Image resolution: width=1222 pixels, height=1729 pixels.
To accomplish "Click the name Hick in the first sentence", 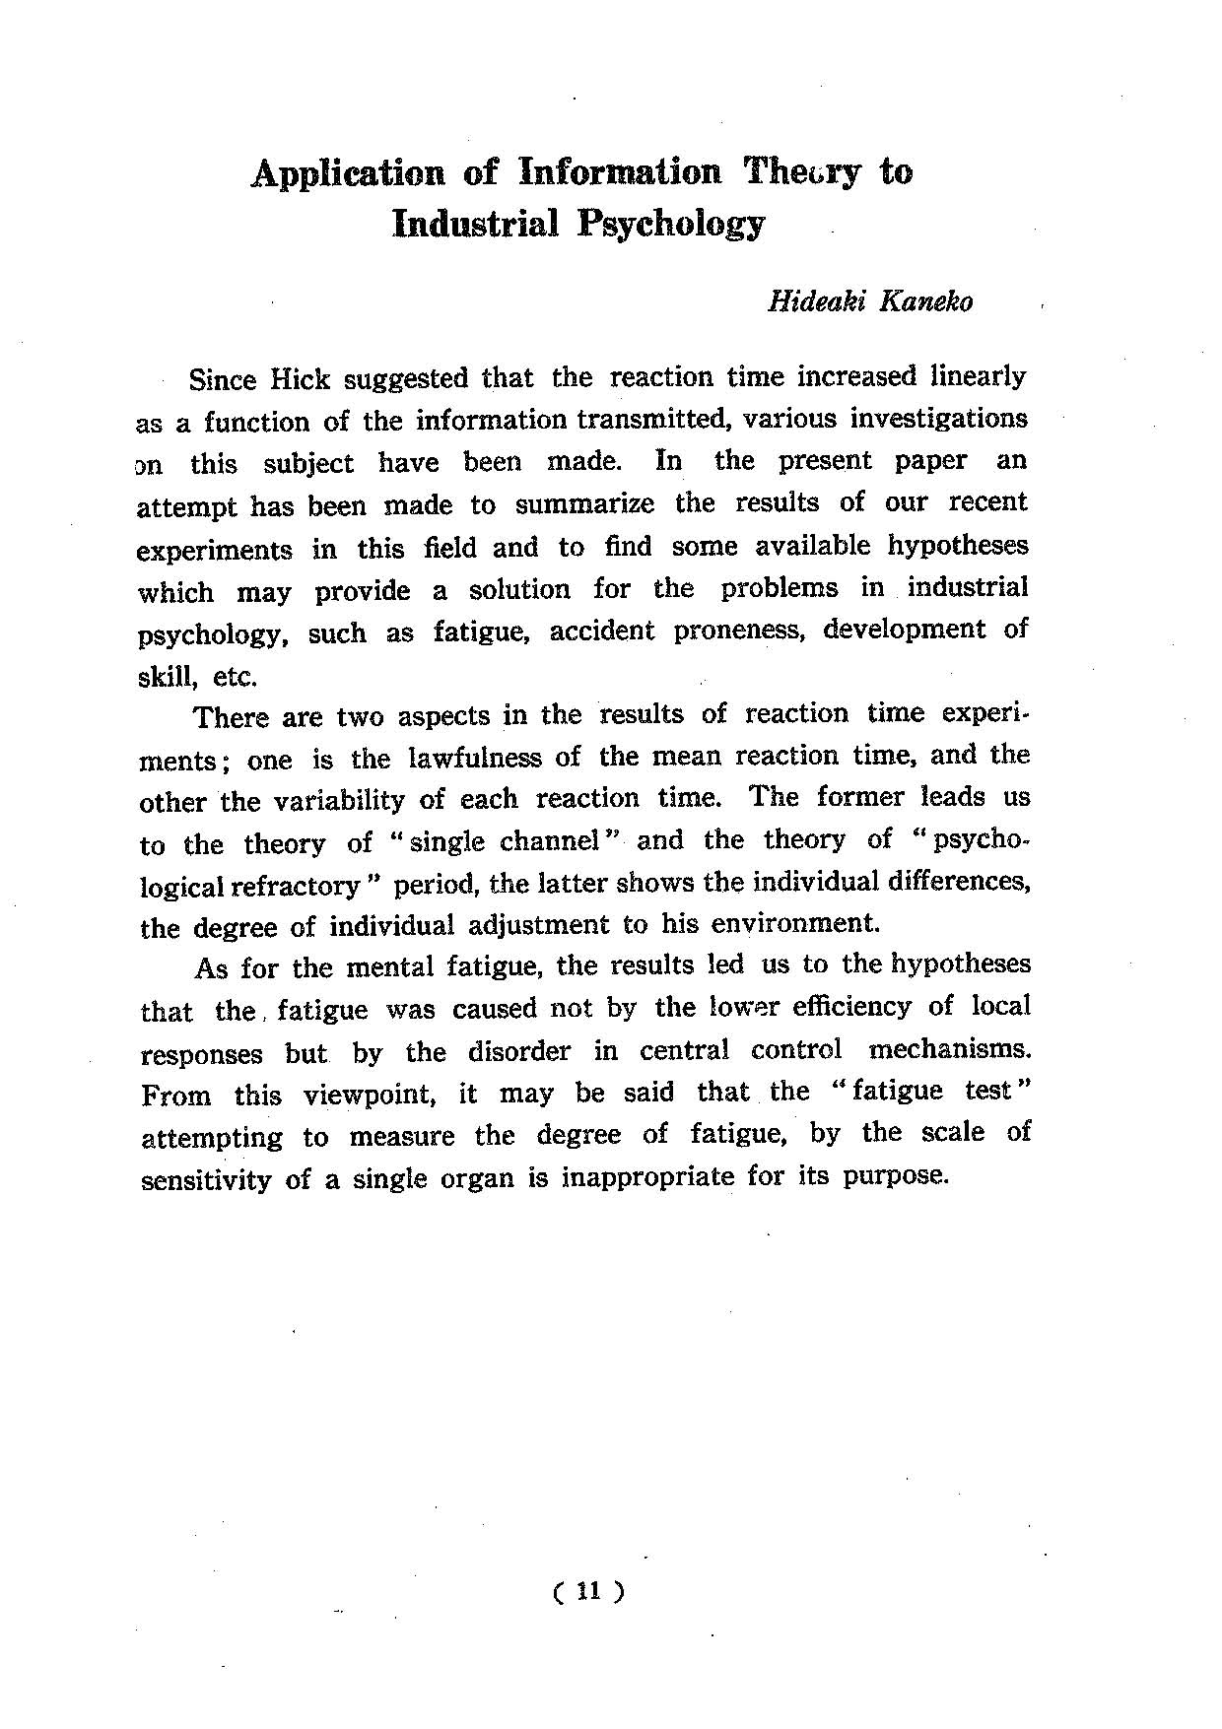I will pyautogui.click(x=300, y=378).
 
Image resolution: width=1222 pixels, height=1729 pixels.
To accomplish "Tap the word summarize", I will pyautogui.click(x=584, y=504).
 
